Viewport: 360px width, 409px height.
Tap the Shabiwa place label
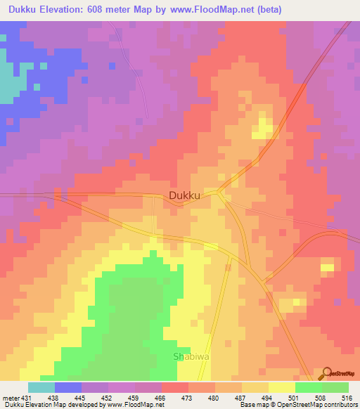[x=191, y=356]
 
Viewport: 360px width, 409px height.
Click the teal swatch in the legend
[x=41, y=387]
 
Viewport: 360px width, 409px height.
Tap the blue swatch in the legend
[x=68, y=387]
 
